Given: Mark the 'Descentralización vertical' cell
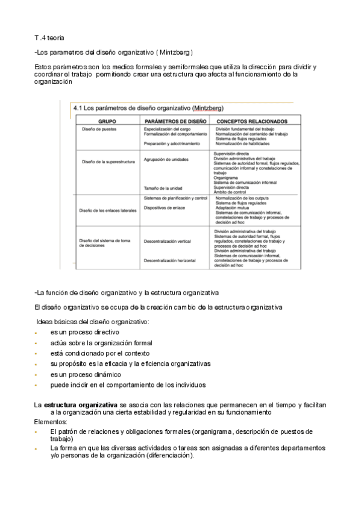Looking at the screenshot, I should [x=167, y=241].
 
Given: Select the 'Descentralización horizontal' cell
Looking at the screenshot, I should [x=169, y=260].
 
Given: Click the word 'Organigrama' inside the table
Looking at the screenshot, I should [x=227, y=178].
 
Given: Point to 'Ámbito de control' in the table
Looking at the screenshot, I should [x=231, y=192].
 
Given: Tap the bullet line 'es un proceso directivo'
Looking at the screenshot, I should [x=84, y=332].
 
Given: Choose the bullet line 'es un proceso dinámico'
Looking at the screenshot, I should [x=85, y=374].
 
